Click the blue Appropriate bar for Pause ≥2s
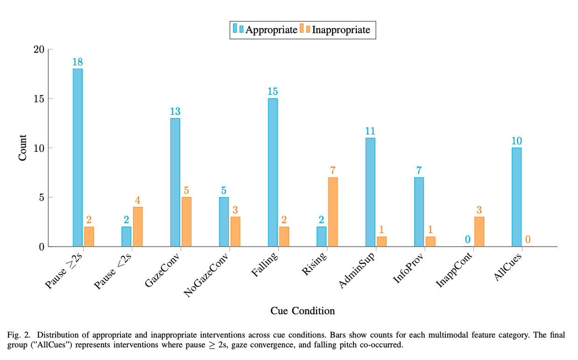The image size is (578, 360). pos(78,158)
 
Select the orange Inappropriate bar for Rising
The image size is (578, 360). pos(333,212)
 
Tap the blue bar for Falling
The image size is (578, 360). pos(273,172)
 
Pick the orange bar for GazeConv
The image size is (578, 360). pos(186,222)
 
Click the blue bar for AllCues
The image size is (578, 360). pos(516,197)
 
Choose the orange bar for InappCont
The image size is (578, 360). pos(479,232)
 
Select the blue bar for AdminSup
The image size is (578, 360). pos(370,192)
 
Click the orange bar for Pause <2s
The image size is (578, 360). pos(138,226)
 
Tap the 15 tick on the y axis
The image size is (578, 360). pos(39,99)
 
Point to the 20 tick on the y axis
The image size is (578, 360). pos(39,49)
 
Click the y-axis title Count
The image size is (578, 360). pos(22,148)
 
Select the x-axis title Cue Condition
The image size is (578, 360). pos(303,311)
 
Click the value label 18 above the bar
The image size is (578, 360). pos(78,62)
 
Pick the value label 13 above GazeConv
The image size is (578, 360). pos(175,112)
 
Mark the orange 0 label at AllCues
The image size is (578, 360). pos(528,240)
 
